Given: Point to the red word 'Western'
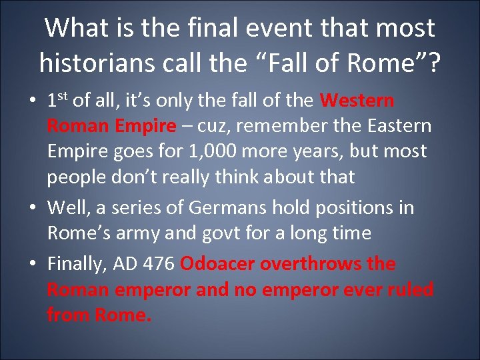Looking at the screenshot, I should (x=357, y=100).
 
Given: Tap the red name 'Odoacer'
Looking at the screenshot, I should (x=217, y=263).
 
